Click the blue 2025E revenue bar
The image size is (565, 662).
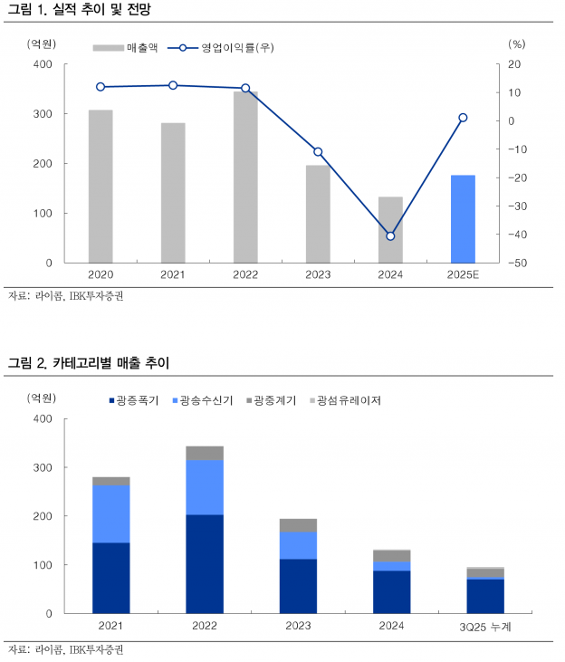point(463,218)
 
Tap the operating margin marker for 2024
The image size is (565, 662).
point(390,235)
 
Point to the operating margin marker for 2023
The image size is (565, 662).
point(318,151)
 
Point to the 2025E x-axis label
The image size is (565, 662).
point(463,274)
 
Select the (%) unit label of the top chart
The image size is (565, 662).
point(517,43)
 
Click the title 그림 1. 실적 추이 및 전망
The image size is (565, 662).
point(80,11)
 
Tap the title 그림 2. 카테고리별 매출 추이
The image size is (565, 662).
point(89,364)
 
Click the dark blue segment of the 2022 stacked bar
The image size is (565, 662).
point(205,563)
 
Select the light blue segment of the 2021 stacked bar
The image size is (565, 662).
point(111,513)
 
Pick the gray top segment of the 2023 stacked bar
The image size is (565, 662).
point(298,525)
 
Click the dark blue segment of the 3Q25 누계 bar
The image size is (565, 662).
point(485,596)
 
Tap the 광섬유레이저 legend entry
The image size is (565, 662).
point(344,399)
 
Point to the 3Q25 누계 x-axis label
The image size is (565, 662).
point(485,627)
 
